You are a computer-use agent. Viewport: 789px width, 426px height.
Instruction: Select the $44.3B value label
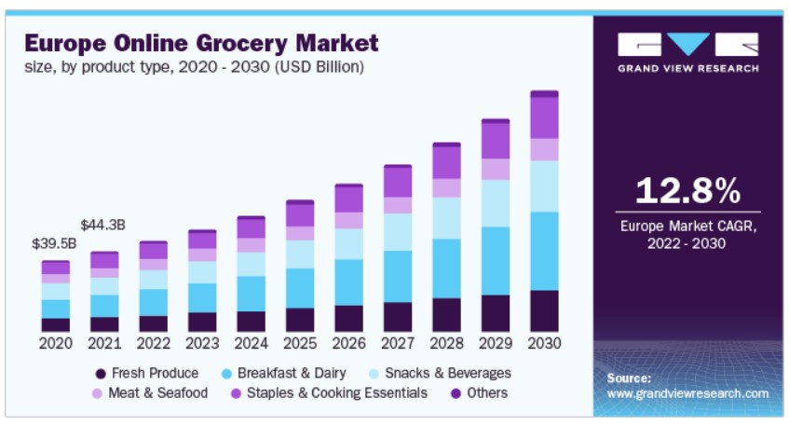pos(104,225)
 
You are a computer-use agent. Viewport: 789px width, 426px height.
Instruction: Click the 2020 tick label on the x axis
pos(55,343)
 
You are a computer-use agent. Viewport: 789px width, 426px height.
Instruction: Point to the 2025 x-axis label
pos(299,343)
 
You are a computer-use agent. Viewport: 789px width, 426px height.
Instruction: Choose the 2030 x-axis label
pos(544,343)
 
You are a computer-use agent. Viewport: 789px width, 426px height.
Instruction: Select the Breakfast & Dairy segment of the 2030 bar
pos(544,251)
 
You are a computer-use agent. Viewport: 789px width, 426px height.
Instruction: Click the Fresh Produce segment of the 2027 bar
pos(398,317)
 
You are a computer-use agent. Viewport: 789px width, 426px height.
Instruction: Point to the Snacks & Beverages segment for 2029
pos(496,203)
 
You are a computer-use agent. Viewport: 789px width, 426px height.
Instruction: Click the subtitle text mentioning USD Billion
pos(194,67)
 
